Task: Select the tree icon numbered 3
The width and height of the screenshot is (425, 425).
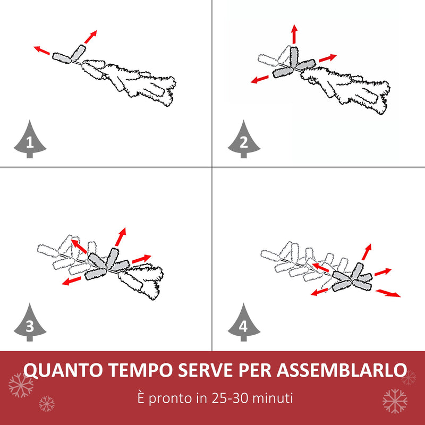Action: click(29, 324)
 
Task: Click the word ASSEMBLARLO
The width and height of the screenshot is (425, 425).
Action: click(340, 370)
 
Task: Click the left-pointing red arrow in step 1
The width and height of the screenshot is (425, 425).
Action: click(42, 50)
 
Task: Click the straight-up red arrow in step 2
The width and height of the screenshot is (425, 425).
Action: click(294, 33)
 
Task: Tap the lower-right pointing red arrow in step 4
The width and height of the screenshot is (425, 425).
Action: click(388, 293)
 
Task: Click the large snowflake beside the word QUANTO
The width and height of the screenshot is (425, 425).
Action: click(21, 385)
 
